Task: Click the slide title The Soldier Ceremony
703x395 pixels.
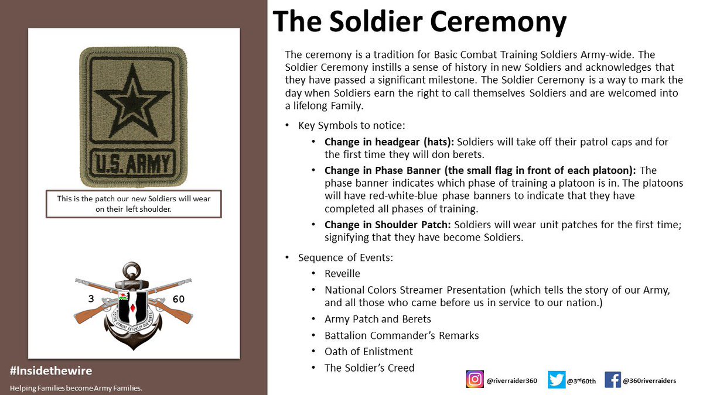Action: click(x=419, y=23)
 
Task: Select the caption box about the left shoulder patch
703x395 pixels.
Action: click(x=134, y=204)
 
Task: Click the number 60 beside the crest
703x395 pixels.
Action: click(x=179, y=299)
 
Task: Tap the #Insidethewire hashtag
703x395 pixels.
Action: click(x=51, y=371)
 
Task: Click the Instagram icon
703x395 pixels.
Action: click(x=475, y=380)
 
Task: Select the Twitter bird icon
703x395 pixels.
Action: click(x=557, y=380)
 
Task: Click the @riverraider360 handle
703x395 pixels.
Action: click(x=512, y=380)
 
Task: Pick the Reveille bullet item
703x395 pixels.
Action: click(x=342, y=273)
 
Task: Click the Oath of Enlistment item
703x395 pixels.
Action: click(x=368, y=352)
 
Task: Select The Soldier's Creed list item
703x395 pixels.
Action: click(x=369, y=368)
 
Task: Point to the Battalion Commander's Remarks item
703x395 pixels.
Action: click(x=401, y=335)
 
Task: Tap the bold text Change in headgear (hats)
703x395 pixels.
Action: click(x=389, y=142)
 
